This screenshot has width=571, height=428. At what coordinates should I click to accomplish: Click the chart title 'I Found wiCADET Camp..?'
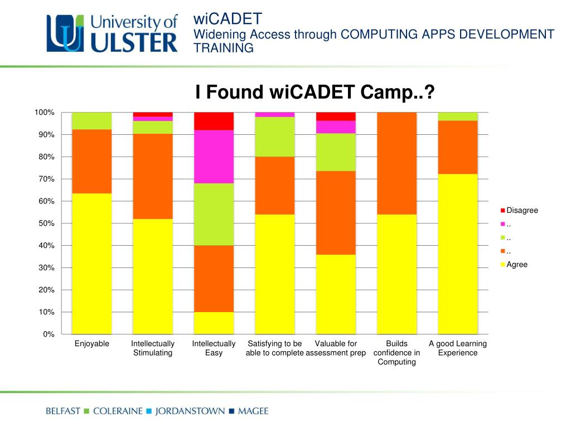point(314,92)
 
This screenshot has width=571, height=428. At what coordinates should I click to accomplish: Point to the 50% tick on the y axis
point(45,223)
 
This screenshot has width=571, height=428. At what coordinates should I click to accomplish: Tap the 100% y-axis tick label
point(44,113)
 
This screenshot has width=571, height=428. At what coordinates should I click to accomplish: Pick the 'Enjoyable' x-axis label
point(92,344)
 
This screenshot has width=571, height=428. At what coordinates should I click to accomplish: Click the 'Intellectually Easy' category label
point(214,348)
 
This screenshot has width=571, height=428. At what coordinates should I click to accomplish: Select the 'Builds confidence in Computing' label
point(396,353)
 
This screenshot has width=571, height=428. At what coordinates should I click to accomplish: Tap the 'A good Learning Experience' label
point(458,348)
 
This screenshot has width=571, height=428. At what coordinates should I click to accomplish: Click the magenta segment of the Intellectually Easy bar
point(214,157)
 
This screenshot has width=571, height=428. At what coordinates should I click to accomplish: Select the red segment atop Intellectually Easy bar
point(214,121)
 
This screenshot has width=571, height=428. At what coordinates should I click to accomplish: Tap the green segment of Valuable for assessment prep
point(336,152)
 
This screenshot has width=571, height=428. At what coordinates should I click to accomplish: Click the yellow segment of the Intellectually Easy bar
point(214,323)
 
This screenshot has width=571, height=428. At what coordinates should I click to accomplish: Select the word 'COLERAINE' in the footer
point(117,412)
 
